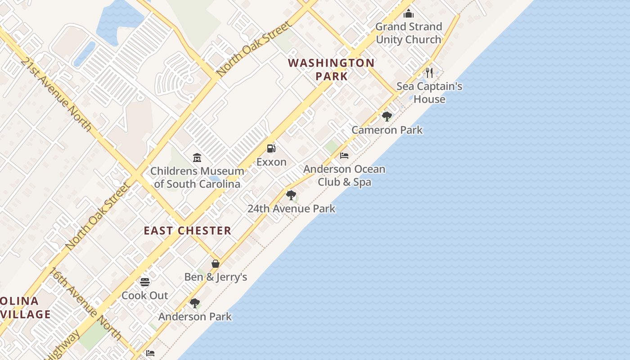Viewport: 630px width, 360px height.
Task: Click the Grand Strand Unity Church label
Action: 409,33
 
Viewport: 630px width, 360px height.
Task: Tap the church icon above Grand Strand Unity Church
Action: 409,13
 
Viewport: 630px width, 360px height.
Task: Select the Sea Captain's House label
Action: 429,93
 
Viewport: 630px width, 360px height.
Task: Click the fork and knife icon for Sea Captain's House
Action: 429,72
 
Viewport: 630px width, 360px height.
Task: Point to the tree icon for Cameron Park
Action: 387,117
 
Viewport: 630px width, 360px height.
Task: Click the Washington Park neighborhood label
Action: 332,69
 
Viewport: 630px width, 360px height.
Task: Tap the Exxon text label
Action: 271,162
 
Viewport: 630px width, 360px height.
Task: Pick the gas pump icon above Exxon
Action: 271,148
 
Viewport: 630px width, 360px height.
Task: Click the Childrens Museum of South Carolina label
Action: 197,177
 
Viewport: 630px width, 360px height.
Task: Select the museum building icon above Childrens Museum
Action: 197,157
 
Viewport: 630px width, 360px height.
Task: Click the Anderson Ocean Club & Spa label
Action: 344,175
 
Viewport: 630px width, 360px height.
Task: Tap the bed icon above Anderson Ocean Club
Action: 344,156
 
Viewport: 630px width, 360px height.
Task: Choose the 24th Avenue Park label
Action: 292,209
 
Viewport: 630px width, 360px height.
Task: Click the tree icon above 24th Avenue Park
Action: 291,195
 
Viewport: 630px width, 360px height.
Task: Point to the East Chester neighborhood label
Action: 188,231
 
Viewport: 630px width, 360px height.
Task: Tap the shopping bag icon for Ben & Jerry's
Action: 216,264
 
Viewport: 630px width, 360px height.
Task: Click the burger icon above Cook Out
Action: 145,282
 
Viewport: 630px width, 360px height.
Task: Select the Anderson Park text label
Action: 195,317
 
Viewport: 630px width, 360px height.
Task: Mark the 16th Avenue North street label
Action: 85,304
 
